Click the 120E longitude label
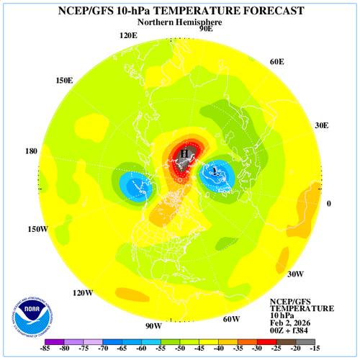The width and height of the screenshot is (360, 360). click(128, 35)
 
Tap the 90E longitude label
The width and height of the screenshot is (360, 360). click(205, 29)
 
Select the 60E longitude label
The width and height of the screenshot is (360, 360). click(278, 62)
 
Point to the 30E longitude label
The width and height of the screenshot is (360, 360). click(321, 125)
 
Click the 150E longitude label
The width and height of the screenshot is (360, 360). click(63, 80)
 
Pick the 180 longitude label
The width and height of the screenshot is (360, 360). click(30, 151)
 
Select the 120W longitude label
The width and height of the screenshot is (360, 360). click(83, 293)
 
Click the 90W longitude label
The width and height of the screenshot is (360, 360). click(153, 325)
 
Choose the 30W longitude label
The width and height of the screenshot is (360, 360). click(294, 274)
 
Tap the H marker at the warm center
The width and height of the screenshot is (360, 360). click(185, 153)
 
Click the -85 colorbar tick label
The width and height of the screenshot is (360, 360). click(48, 349)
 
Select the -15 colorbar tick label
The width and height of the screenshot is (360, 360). click(314, 349)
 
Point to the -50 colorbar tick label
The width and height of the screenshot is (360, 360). click(181, 349)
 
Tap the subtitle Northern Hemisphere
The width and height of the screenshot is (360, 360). click(179, 22)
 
